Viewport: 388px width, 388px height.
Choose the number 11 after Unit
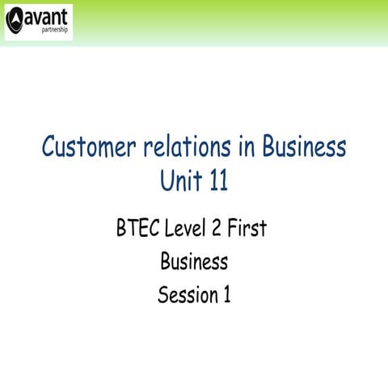point(217,181)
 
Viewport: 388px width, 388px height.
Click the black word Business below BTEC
point(194,262)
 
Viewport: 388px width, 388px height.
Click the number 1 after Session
point(226,295)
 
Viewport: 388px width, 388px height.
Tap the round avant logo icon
point(15,22)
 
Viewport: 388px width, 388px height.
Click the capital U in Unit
point(168,181)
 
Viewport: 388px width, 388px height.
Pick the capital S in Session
point(162,295)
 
